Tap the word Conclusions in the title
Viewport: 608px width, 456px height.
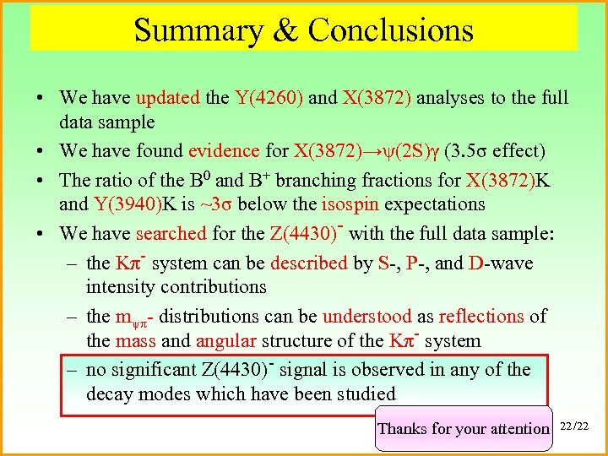pyautogui.click(x=390, y=30)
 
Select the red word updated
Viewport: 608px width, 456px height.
pyautogui.click(x=167, y=98)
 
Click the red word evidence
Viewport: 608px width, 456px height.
pyautogui.click(x=224, y=151)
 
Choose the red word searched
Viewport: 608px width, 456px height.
pyautogui.click(x=171, y=233)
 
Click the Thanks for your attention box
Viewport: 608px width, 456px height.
pyautogui.click(x=463, y=428)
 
